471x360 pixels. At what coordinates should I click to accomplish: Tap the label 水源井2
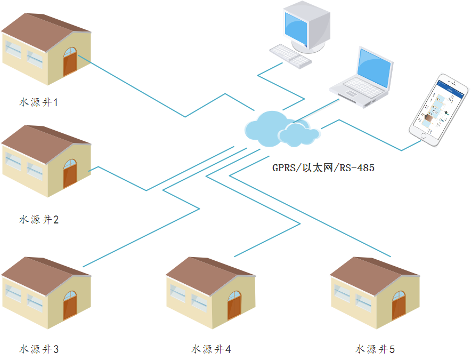pyautogui.click(x=38, y=219)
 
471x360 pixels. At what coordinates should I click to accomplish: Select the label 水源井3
pyautogui.click(x=38, y=349)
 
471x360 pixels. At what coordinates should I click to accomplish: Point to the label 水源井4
pyautogui.click(x=211, y=349)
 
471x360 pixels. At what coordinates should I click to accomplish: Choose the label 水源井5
pyautogui.click(x=375, y=349)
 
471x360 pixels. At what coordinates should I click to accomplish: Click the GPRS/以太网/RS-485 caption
pyautogui.click(x=323, y=168)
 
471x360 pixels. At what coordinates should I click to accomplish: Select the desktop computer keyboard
pyautogui.click(x=290, y=55)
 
